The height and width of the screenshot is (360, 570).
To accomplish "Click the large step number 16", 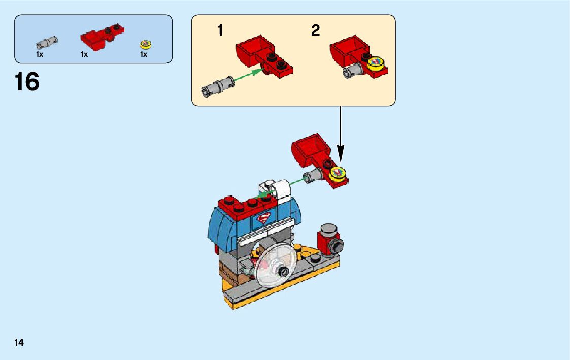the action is pyautogui.click(x=27, y=82).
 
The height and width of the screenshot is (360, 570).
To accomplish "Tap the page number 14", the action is pyautogui.click(x=19, y=343).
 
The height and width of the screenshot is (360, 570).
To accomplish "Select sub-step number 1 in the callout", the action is pyautogui.click(x=220, y=31).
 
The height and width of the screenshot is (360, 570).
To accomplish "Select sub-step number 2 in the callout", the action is pyautogui.click(x=315, y=31).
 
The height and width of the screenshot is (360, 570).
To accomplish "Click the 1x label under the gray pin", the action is pyautogui.click(x=40, y=54).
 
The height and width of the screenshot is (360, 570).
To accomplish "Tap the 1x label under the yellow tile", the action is pyautogui.click(x=144, y=54).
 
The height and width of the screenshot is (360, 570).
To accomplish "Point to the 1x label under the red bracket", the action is pyautogui.click(x=84, y=54).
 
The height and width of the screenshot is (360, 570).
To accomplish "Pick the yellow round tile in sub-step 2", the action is pyautogui.click(x=376, y=63).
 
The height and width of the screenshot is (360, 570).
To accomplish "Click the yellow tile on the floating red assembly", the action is pyautogui.click(x=338, y=174).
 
